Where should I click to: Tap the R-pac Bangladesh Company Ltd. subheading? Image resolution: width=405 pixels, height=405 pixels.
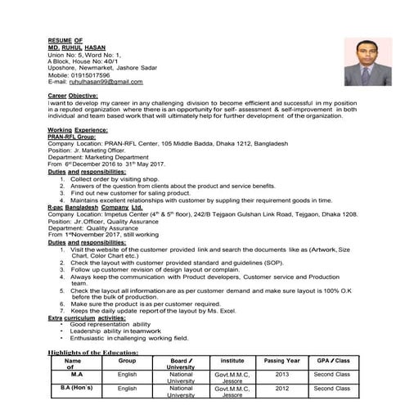click(x=95, y=212)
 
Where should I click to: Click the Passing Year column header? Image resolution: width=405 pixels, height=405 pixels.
click(x=282, y=360)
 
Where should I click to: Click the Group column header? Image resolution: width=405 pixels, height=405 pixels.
click(x=127, y=360)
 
